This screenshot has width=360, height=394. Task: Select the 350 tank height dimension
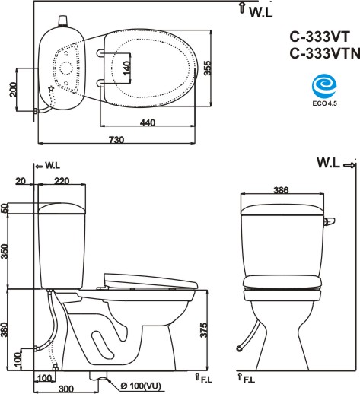point(5,252)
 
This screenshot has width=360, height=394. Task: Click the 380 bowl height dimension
point(5,329)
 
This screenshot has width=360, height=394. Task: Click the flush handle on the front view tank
point(329,221)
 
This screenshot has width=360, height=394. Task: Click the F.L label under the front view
point(249,378)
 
